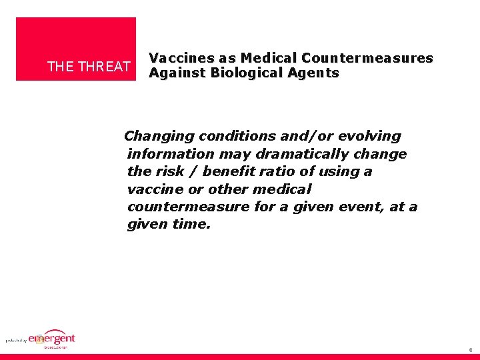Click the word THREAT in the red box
pos(105,67)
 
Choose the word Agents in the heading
pos(315,73)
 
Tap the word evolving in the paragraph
pos(369,136)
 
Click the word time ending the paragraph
pos(191,225)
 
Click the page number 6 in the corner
pos(470,349)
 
